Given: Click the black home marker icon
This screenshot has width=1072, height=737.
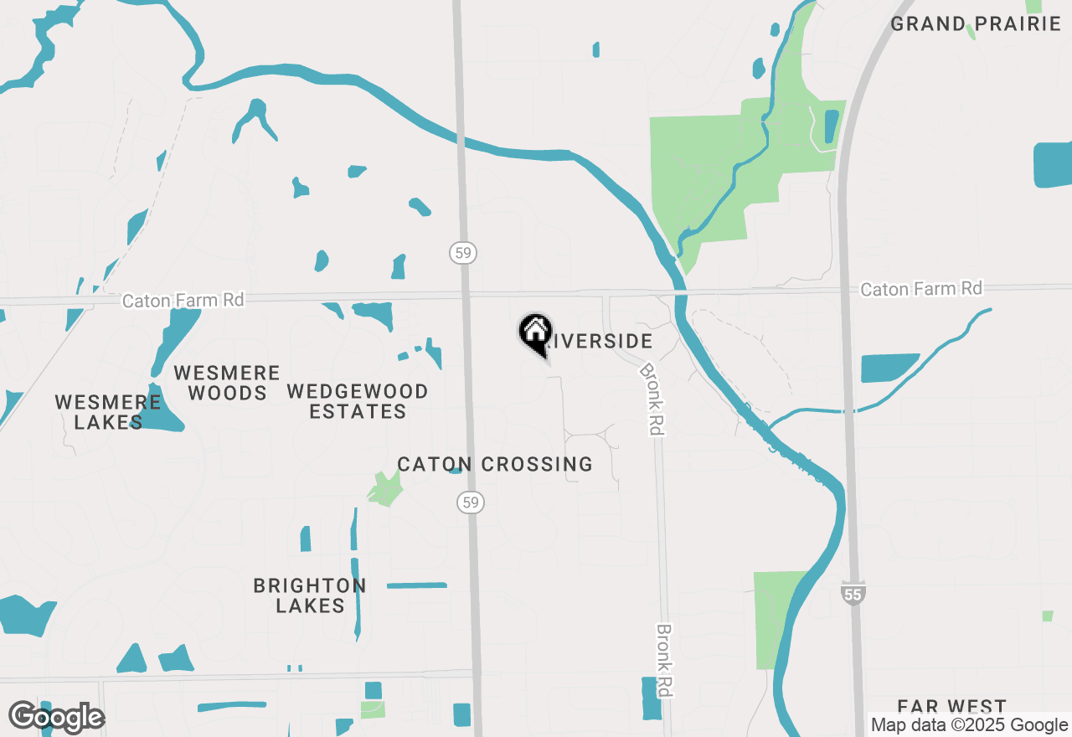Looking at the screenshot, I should pyautogui.click(x=535, y=332).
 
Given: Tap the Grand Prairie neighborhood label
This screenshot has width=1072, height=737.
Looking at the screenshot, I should pyautogui.click(x=976, y=23).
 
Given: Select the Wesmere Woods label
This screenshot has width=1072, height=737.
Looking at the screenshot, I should pyautogui.click(x=227, y=382).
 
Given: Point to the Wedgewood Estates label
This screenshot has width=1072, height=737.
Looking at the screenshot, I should pyautogui.click(x=358, y=401).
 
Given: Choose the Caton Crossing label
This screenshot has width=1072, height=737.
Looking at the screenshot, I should pyautogui.click(x=495, y=464).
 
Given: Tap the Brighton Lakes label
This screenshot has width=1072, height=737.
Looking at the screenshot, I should pyautogui.click(x=310, y=595).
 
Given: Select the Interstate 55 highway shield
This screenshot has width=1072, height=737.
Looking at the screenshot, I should pyautogui.click(x=853, y=593).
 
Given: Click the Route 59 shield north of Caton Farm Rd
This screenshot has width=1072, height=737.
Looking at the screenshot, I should pyautogui.click(x=463, y=252).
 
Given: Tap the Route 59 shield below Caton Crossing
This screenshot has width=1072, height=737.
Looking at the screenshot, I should pyautogui.click(x=471, y=502).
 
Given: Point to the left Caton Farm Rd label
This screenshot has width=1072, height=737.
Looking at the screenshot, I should pyautogui.click(x=183, y=300).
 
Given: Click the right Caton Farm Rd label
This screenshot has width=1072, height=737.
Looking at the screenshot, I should pyautogui.click(x=921, y=289).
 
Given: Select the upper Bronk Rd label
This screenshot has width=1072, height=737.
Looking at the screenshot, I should pyautogui.click(x=652, y=398).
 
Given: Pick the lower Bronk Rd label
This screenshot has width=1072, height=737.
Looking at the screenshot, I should pyautogui.click(x=665, y=661).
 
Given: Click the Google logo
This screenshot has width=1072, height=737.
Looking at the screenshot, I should pyautogui.click(x=56, y=717).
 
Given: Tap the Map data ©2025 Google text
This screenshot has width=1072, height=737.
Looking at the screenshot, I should pyautogui.click(x=969, y=725).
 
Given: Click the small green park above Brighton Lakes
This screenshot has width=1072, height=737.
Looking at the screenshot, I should pyautogui.click(x=385, y=489).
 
